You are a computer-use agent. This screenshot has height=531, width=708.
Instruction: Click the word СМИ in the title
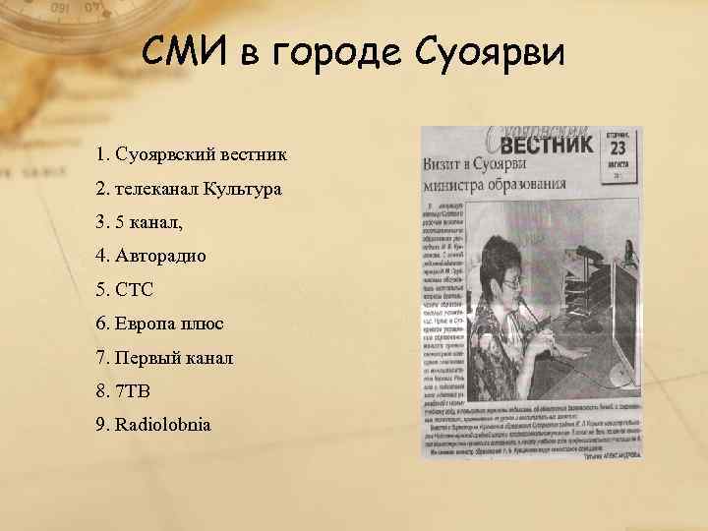tap(183, 50)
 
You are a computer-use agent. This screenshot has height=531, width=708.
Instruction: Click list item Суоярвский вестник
tap(192, 154)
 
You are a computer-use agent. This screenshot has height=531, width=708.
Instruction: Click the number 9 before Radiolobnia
tap(101, 425)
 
